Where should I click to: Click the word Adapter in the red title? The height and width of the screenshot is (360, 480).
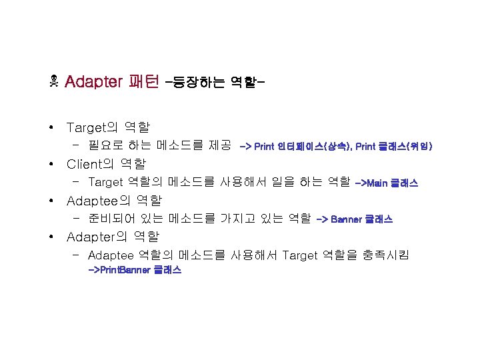pyautogui.click(x=94, y=82)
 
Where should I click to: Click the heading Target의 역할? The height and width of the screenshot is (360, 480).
pyautogui.click(x=108, y=127)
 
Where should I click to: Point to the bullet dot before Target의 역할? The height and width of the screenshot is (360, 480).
pyautogui.click(x=51, y=127)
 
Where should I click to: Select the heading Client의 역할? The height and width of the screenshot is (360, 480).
pyautogui.click(x=106, y=163)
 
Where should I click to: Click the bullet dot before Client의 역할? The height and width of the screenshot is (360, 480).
pyautogui.click(x=51, y=164)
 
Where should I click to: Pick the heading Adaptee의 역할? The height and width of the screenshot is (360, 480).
pyautogui.click(x=114, y=200)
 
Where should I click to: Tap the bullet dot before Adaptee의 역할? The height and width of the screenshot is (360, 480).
pyautogui.click(x=51, y=201)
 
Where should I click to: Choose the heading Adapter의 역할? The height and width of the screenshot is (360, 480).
pyautogui.click(x=113, y=237)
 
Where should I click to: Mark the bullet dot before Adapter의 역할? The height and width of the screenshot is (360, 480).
pyautogui.click(x=51, y=237)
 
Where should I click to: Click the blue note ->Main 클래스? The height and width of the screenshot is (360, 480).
pyautogui.click(x=387, y=183)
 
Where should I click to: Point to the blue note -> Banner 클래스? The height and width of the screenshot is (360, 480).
pyautogui.click(x=354, y=219)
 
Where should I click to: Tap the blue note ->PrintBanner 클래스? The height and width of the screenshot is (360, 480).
pyautogui.click(x=135, y=270)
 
